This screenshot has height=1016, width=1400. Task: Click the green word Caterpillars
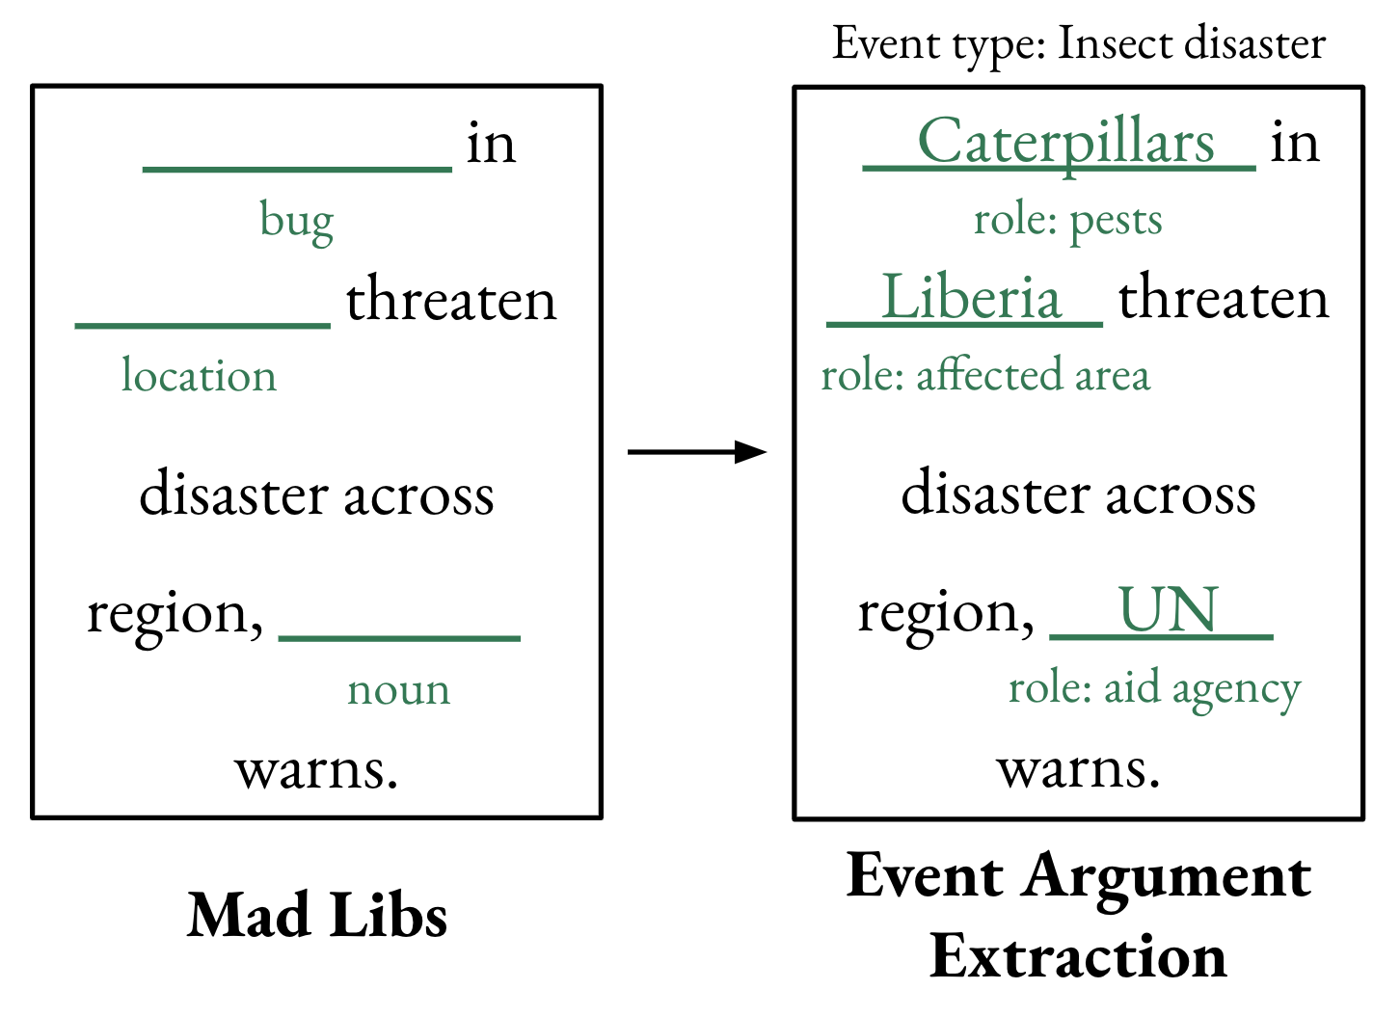pos(1065,143)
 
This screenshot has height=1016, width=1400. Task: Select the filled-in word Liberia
pos(971,298)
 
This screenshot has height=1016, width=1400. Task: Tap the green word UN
pos(1168,610)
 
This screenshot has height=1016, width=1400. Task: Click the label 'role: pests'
pos(1067,221)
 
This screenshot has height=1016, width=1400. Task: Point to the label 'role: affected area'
pos(984,375)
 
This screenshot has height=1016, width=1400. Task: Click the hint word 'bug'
pos(296,222)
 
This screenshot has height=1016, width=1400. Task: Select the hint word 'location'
pos(199,376)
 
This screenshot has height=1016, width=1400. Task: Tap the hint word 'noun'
pos(398,690)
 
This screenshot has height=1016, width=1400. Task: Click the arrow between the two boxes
pos(696,451)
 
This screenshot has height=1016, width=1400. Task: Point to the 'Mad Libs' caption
pos(317,915)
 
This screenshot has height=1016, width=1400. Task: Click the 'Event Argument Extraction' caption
pos(1078,916)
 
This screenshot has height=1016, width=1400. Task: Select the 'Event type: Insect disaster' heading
pos(1078,43)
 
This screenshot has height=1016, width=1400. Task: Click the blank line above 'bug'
pos(297,170)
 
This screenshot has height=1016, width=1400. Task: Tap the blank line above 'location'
pos(202,326)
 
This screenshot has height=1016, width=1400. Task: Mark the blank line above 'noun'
pos(399,637)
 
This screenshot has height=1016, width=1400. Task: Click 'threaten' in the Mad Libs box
pos(451,300)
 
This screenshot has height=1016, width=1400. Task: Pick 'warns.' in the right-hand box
pos(1078,769)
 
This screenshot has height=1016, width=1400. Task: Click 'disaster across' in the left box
pos(316,495)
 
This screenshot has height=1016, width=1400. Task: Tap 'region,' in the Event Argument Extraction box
pos(946,612)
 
